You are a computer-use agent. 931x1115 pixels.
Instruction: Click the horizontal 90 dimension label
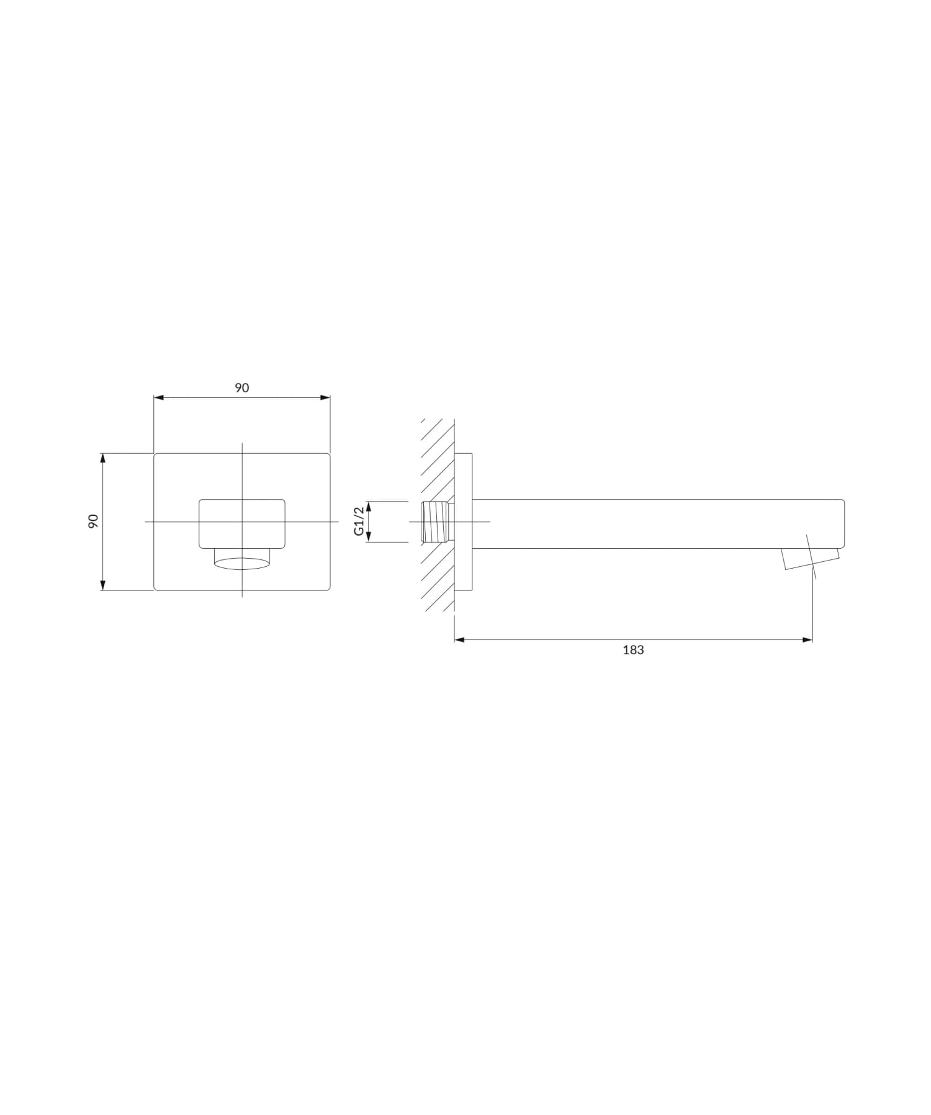tap(241, 388)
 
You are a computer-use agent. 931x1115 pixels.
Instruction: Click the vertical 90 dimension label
tap(94, 521)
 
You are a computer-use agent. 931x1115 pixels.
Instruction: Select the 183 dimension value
tap(633, 650)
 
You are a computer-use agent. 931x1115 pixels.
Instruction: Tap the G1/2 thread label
tap(358, 521)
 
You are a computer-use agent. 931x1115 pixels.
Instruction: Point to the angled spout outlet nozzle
tap(810, 558)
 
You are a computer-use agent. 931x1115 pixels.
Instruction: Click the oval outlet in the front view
tap(242, 564)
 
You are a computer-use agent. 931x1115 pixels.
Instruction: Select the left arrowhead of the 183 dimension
tap(459, 639)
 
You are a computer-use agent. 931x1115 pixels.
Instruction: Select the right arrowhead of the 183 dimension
tap(807, 639)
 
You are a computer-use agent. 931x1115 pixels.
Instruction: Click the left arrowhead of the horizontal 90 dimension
tap(159, 397)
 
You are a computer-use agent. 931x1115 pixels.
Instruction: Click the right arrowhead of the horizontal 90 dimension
tap(325, 397)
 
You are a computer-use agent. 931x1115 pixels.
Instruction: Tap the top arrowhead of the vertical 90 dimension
tap(103, 458)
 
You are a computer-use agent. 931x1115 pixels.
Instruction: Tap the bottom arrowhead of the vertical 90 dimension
tap(103, 585)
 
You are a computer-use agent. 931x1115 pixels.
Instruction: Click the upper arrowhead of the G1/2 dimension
tap(369, 505)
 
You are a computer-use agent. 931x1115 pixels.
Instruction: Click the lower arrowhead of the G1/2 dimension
tap(369, 538)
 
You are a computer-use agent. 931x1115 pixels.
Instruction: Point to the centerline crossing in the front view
tap(242, 521)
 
